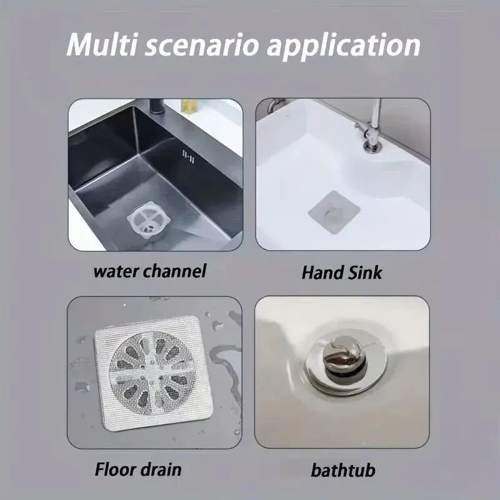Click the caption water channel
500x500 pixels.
pyautogui.click(x=150, y=271)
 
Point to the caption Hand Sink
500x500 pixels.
pyautogui.click(x=341, y=272)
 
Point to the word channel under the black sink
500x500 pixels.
pyautogui.click(x=176, y=271)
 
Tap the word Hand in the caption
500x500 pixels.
pyautogui.click(x=320, y=272)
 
